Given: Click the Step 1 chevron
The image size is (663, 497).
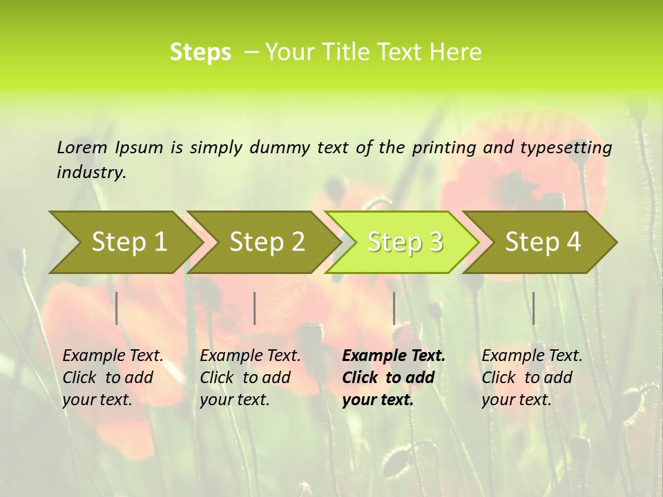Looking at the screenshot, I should [x=128, y=242].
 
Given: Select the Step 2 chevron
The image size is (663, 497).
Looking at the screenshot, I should [x=267, y=242].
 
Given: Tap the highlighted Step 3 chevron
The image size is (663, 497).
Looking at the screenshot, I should [x=405, y=242].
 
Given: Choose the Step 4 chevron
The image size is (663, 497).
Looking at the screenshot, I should [x=543, y=242].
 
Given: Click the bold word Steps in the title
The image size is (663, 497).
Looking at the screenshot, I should [x=200, y=52].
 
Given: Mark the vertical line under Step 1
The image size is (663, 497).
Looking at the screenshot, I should [x=117, y=308].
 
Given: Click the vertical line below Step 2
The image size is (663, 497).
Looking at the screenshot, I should [x=255, y=308].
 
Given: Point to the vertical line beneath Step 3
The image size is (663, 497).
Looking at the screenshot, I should [x=394, y=308].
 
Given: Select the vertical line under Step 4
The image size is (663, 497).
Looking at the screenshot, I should [x=534, y=308].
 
